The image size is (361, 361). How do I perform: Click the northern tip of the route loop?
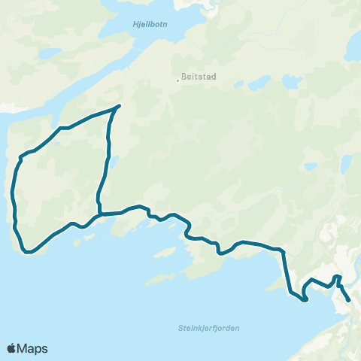[x=119, y=105]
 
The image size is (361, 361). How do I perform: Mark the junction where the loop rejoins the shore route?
[x=100, y=214]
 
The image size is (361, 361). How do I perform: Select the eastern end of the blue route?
[x=350, y=301]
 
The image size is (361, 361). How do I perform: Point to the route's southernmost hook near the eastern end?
[x=305, y=300]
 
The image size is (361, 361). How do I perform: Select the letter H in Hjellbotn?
[x=135, y=25]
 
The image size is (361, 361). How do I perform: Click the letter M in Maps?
[x=23, y=348]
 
